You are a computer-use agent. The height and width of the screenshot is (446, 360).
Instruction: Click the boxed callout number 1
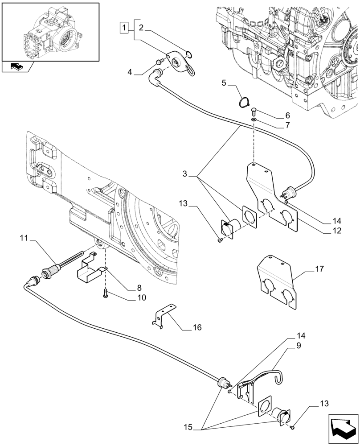click(123, 28)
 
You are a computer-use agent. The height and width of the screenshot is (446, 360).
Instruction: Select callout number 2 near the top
click(141, 28)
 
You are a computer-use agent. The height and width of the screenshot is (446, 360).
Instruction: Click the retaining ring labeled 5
click(243, 102)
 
